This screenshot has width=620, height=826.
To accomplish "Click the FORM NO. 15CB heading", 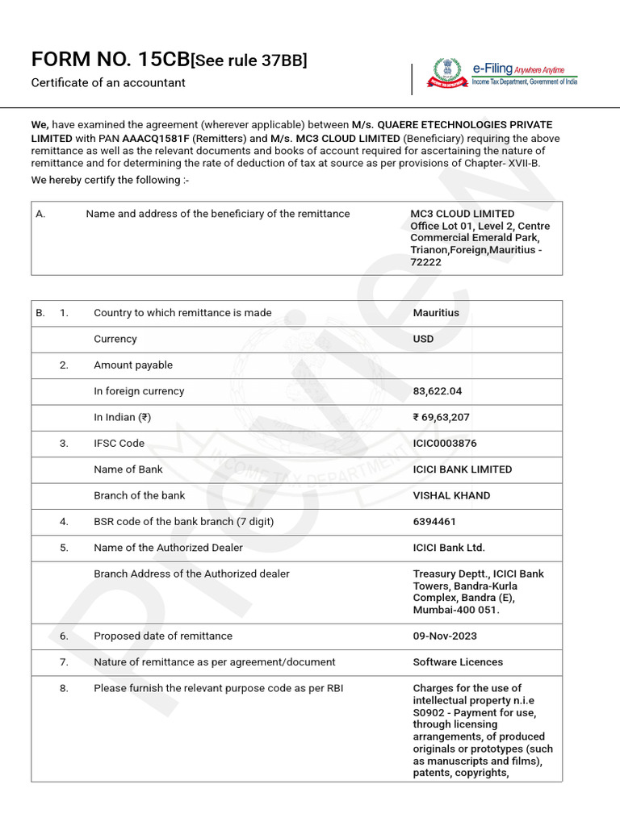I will coord(110,59).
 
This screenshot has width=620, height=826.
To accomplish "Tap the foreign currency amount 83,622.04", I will coord(438,391).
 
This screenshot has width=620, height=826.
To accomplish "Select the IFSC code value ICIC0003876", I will coord(445,444).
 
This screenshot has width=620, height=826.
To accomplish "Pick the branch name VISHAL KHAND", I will coord(451,495).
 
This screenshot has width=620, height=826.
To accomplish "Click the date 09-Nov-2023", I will coord(445,636).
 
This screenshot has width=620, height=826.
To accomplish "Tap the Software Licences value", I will coord(458,662).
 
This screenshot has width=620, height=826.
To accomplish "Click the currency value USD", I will coord(423,340).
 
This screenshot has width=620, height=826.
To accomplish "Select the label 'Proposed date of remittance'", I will coord(163,636).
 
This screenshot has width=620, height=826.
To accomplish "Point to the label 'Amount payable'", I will coord(133,365).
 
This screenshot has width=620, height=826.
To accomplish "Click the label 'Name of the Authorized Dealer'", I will coord(168,548).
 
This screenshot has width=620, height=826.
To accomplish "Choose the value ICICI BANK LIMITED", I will coord(463,469).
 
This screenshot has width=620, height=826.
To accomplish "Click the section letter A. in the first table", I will coord(40,215).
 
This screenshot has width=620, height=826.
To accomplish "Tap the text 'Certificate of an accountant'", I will coord(108,83).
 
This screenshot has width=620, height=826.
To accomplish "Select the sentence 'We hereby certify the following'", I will coord(110,180).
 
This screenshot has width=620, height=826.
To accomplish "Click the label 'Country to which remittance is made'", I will coord(182,313).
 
